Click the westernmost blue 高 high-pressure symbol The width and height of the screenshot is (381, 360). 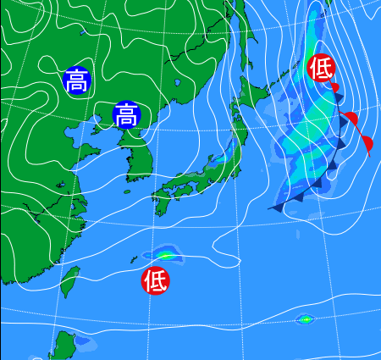click(76, 80)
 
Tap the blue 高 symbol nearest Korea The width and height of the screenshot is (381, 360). click(126, 114)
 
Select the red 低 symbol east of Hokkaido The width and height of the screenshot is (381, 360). click(321, 67)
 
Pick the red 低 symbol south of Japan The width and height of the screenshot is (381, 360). click(156, 279)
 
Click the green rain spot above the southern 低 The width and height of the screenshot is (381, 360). click(164, 254)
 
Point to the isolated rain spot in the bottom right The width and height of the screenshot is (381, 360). click(305, 319)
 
